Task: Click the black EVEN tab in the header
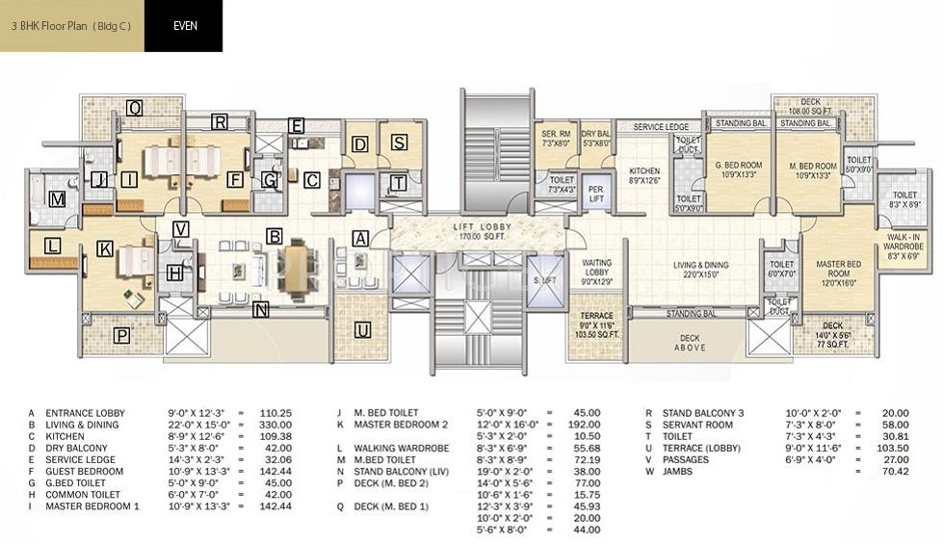184,26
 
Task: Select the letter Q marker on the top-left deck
134,109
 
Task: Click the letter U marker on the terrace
362,331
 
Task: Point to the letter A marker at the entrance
360,238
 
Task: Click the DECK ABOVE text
690,343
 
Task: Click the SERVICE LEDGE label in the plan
661,127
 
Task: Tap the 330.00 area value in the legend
276,425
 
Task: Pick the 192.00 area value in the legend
585,425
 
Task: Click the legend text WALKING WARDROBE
394,449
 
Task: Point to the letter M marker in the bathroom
58,199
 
